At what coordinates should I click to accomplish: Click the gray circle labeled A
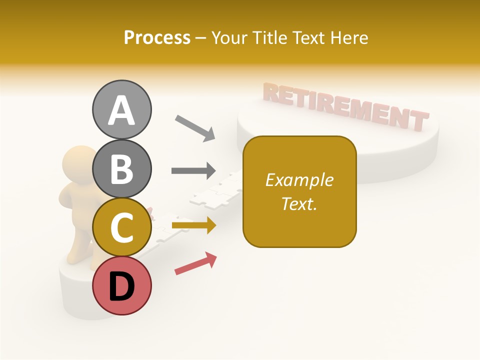(122, 109)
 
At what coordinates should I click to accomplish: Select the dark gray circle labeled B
(122, 168)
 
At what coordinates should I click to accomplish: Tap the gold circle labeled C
(122, 227)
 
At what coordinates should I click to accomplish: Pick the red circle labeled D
(122, 285)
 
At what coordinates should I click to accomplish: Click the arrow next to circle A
(195, 128)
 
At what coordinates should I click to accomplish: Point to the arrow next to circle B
(193, 171)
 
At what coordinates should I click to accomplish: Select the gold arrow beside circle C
(193, 225)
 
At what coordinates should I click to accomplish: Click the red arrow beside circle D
(195, 263)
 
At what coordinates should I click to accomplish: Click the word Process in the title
(157, 37)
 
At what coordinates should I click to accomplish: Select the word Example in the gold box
(299, 180)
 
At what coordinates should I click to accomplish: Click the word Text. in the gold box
(299, 203)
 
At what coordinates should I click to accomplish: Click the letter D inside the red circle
(122, 287)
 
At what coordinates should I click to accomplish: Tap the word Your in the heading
(230, 37)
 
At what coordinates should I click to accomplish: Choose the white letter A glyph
(122, 110)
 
